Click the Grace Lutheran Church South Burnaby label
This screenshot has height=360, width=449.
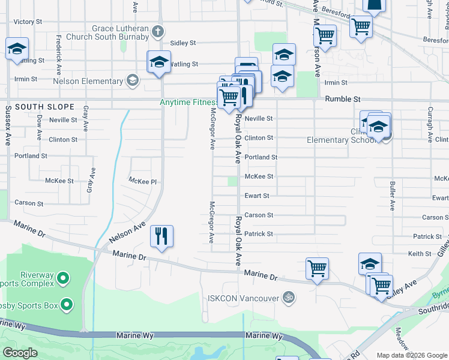(x=120, y=32)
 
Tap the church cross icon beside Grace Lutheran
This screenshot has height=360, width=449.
(x=158, y=31)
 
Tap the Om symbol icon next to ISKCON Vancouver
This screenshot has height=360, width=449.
(x=289, y=298)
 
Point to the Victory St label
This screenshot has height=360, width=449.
(x=28, y=22)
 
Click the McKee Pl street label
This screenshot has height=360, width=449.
(x=142, y=180)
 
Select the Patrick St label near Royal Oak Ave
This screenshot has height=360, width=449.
(x=259, y=234)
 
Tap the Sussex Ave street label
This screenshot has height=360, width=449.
(x=8, y=126)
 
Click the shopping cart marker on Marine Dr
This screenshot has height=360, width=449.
(x=316, y=268)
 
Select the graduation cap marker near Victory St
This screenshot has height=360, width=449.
(x=17, y=49)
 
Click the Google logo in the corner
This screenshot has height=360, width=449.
(x=20, y=353)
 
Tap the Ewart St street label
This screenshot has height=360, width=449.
(x=257, y=196)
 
